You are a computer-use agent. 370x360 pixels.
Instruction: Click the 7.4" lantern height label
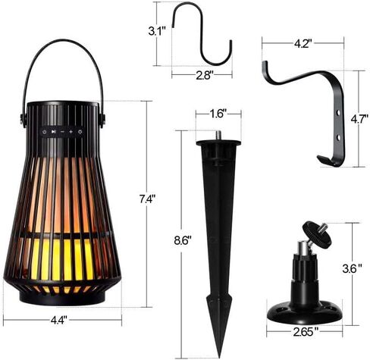[x=147, y=199]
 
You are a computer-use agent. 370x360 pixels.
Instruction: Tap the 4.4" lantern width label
[x=59, y=321]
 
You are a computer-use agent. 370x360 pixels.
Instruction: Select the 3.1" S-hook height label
[x=157, y=32]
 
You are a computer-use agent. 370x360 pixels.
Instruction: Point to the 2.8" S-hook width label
[x=205, y=75]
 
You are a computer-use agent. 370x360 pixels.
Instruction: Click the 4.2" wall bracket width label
[x=303, y=44]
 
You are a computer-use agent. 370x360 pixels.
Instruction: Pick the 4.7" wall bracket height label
[x=359, y=119]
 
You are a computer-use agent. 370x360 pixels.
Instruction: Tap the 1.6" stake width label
[x=218, y=114]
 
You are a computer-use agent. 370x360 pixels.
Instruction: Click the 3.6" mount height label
[x=352, y=268]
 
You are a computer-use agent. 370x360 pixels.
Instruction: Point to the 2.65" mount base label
[x=306, y=332]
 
